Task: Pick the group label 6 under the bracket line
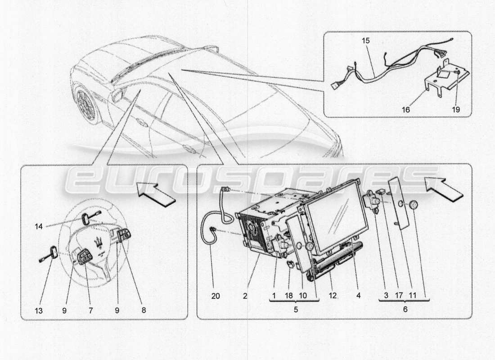coord(404,310)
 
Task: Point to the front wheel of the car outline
coord(86,104)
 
